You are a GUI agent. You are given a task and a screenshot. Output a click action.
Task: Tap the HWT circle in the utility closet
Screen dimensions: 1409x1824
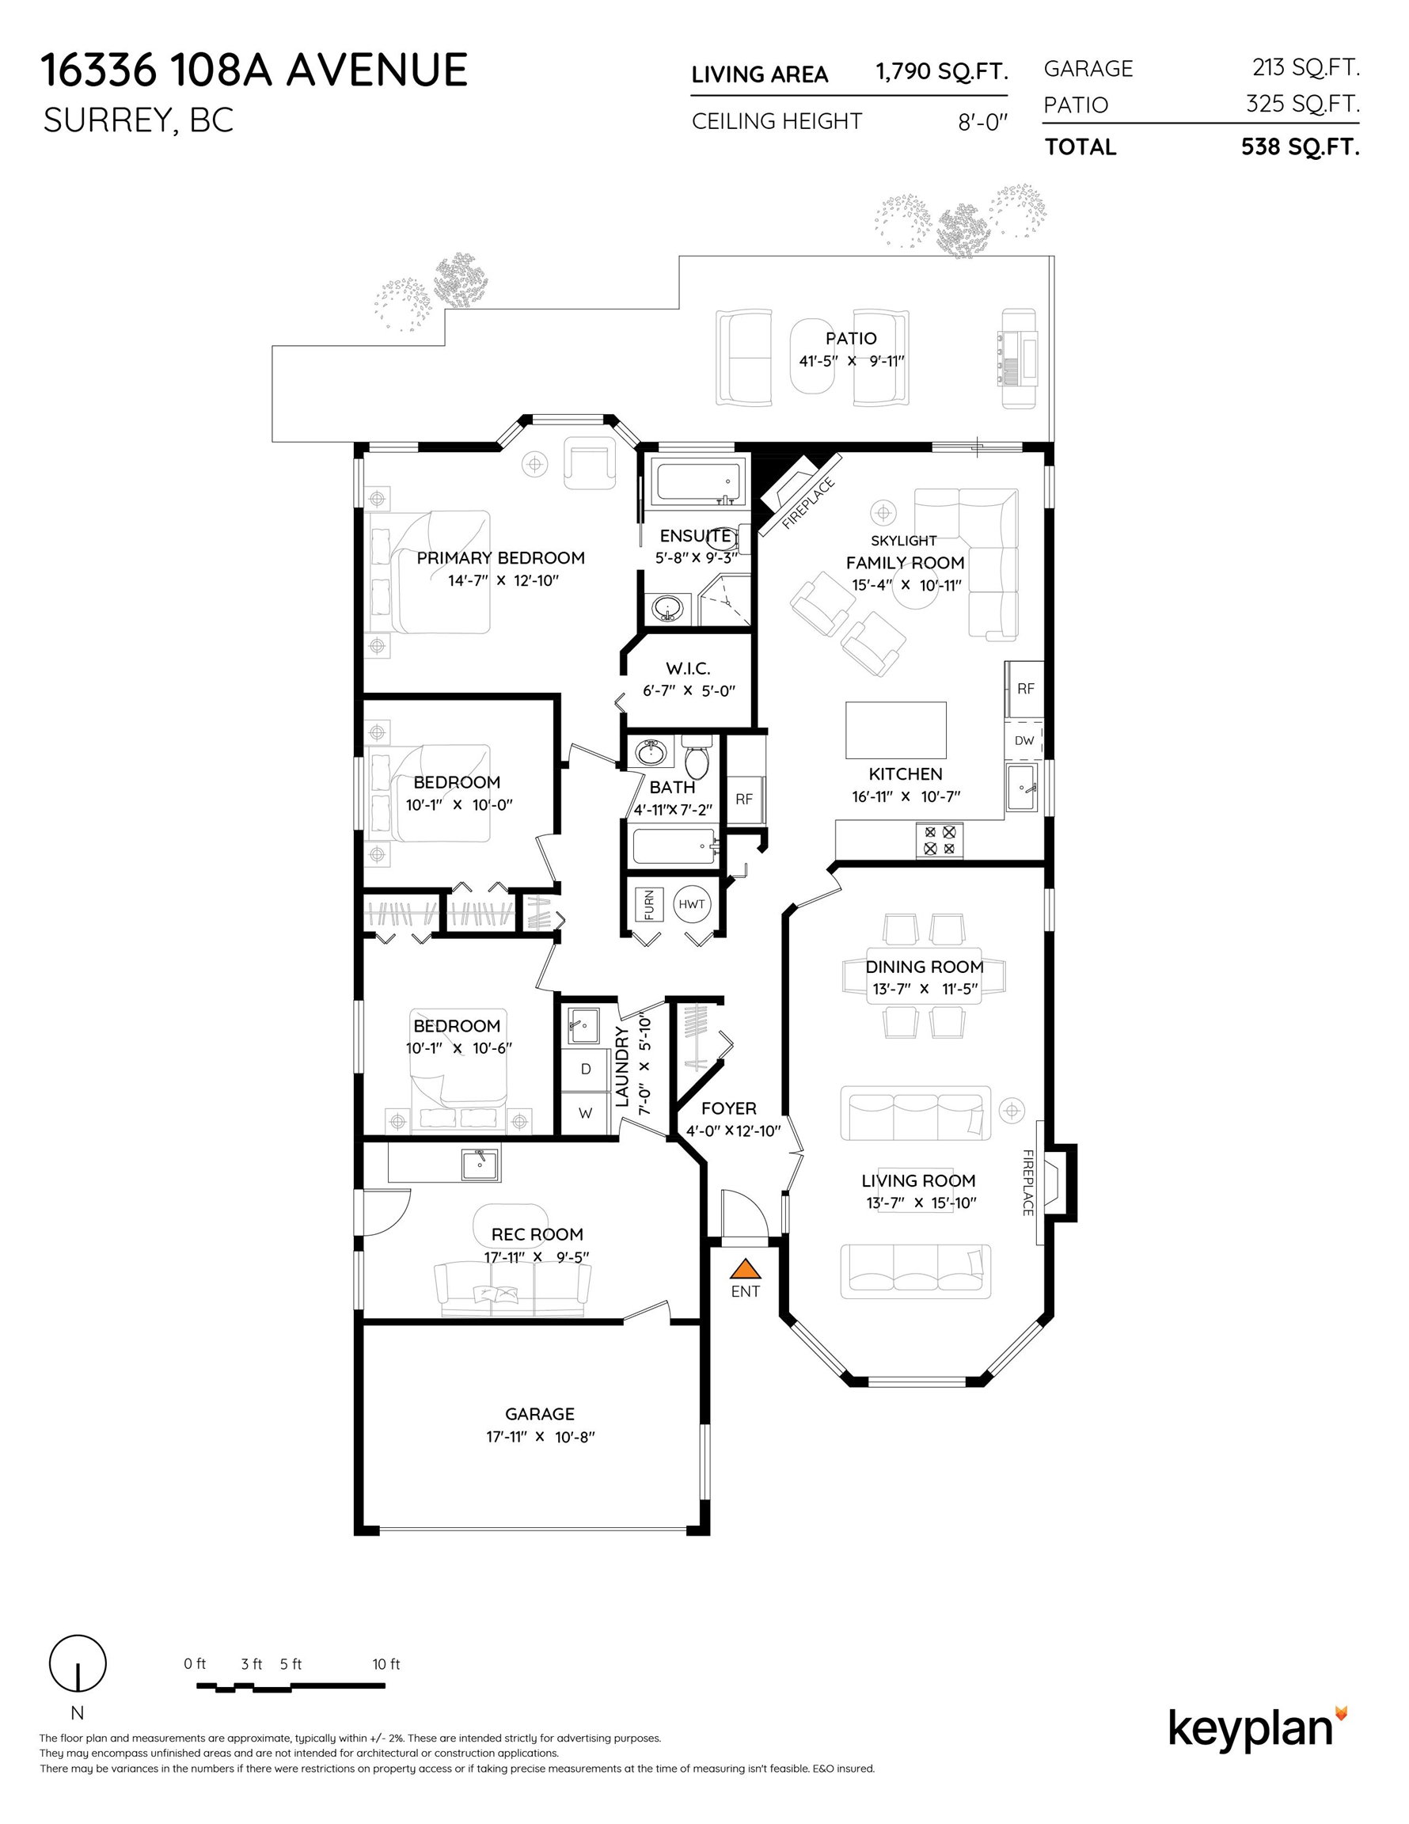point(692,903)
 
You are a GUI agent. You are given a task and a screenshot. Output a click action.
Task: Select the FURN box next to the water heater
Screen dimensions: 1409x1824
point(649,903)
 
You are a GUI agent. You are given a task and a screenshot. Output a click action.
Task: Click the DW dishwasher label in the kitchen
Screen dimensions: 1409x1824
point(1024,740)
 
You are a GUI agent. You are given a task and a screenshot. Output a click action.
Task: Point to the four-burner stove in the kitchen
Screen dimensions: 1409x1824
point(940,839)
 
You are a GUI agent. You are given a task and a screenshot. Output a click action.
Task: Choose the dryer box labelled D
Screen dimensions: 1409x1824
point(586,1069)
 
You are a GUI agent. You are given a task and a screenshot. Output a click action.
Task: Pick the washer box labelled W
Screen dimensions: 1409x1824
point(586,1112)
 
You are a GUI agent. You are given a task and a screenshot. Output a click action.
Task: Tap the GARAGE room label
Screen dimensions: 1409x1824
point(540,1414)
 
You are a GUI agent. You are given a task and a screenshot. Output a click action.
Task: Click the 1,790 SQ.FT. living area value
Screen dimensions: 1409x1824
point(941,72)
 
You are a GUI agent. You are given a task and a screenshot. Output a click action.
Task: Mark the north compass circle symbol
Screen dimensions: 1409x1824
point(78,1662)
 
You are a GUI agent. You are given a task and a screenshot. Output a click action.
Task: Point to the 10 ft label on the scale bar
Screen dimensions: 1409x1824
point(385,1663)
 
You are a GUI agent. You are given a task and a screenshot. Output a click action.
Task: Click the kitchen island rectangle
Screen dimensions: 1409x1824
point(896,730)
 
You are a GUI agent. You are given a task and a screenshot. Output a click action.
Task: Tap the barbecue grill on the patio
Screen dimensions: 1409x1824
point(1018,359)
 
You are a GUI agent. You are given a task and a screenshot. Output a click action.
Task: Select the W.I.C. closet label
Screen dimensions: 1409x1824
point(688,669)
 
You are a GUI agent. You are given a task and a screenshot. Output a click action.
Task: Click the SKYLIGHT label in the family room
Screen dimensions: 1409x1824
point(904,541)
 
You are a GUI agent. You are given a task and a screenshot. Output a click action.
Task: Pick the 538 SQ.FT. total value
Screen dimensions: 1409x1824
point(1301,147)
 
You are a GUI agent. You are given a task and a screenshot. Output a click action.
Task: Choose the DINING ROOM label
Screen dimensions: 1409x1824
point(925,967)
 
